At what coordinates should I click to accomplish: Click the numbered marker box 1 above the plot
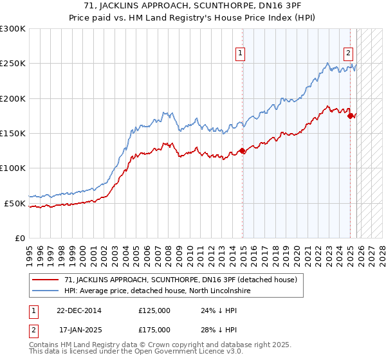tap(240, 54)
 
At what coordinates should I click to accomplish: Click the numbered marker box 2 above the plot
tap(347, 54)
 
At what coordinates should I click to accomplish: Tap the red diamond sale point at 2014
tap(243, 151)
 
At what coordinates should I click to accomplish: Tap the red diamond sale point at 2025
tap(350, 116)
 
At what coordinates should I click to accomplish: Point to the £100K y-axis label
tap(13, 168)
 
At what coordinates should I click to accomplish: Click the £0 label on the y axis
tap(19, 238)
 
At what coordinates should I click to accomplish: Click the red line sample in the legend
tap(45, 280)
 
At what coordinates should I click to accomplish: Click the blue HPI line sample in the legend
tap(45, 291)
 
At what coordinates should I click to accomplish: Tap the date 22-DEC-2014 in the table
tap(80, 310)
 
